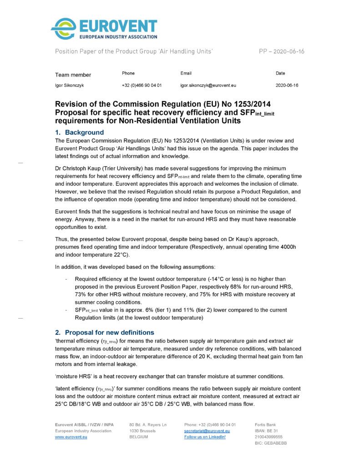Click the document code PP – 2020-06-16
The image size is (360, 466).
[x=282, y=51]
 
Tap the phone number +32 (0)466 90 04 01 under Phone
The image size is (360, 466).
[x=142, y=85]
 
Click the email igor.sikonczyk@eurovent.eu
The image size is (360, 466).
[x=208, y=85]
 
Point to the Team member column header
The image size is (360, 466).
[x=73, y=75]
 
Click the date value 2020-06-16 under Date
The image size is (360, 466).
[x=287, y=85]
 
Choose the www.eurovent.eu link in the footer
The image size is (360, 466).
[x=71, y=437]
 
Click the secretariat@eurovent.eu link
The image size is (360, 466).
[x=207, y=431]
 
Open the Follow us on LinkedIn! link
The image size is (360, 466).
[x=205, y=437]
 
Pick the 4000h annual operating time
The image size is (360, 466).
[x=285, y=247]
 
